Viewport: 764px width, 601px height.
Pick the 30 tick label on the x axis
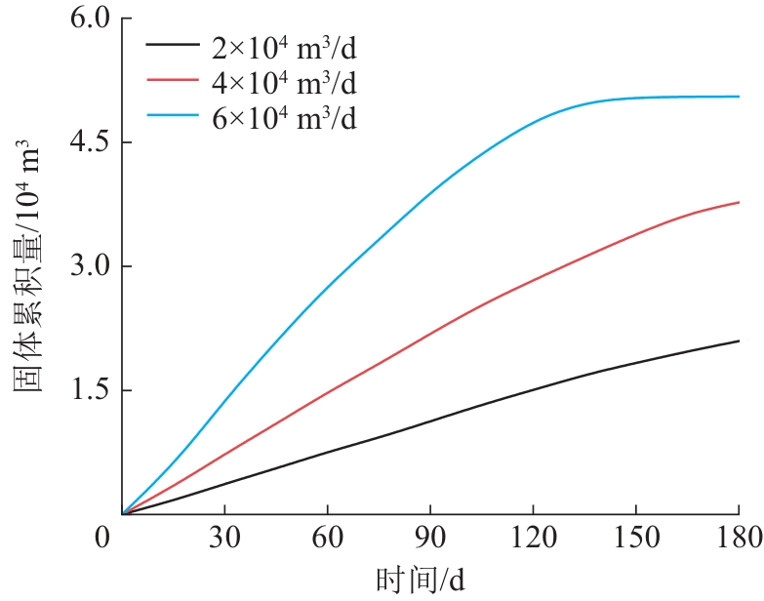[224, 537]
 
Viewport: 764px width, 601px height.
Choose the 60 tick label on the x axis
[327, 537]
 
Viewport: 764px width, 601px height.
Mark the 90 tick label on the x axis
[429, 537]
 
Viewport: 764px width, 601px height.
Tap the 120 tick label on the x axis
[532, 537]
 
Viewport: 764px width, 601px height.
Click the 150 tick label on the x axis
[635, 537]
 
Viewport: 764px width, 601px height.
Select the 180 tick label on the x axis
[738, 537]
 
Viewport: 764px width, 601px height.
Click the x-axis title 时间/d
[421, 581]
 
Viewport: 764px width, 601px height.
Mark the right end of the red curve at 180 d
[739, 202]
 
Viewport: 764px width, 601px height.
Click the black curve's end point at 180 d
[739, 341]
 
